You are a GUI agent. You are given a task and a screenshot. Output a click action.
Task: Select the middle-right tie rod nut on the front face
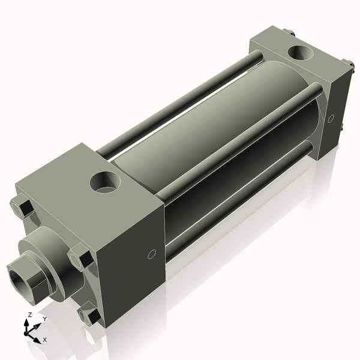click(80, 259)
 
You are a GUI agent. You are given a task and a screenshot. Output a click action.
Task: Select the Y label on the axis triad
click(44, 319)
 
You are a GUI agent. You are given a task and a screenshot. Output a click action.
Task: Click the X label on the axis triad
click(44, 340)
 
